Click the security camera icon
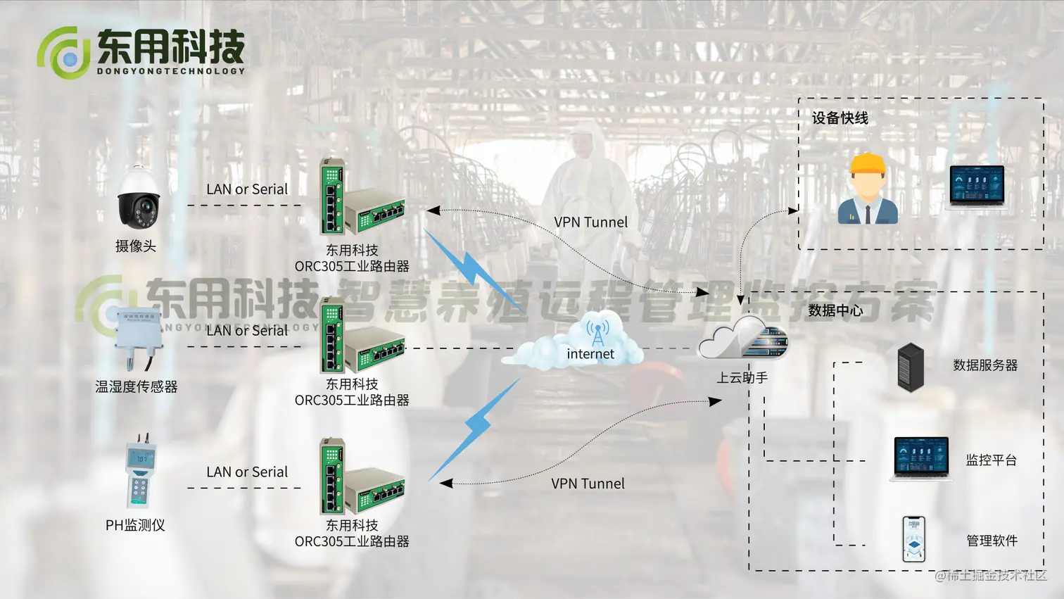(139, 199)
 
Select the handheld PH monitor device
(140, 472)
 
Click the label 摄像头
(136, 246)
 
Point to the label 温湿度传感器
(137, 386)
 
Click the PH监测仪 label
(135, 525)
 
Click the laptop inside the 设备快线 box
(977, 187)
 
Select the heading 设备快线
(840, 118)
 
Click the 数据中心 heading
(835, 310)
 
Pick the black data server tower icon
(911, 367)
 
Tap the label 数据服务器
(985, 365)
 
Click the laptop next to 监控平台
(921, 458)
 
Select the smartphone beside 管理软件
(913, 539)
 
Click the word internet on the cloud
(590, 354)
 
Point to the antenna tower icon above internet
(597, 332)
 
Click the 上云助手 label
(742, 378)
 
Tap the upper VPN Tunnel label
(590, 222)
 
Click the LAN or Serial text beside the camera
(247, 189)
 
